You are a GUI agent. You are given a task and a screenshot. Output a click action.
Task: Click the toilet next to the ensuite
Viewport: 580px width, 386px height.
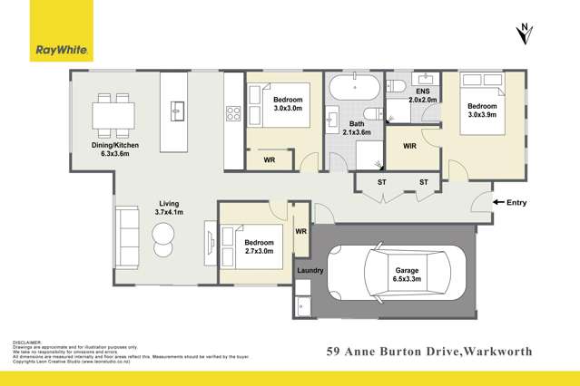click(395, 86)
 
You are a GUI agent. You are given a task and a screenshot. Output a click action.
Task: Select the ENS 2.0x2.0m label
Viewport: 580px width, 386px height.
click(422, 96)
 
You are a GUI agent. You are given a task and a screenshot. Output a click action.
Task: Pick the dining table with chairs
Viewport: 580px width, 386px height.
click(113, 114)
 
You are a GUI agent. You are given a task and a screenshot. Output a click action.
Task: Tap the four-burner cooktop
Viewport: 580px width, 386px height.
click(231, 114)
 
